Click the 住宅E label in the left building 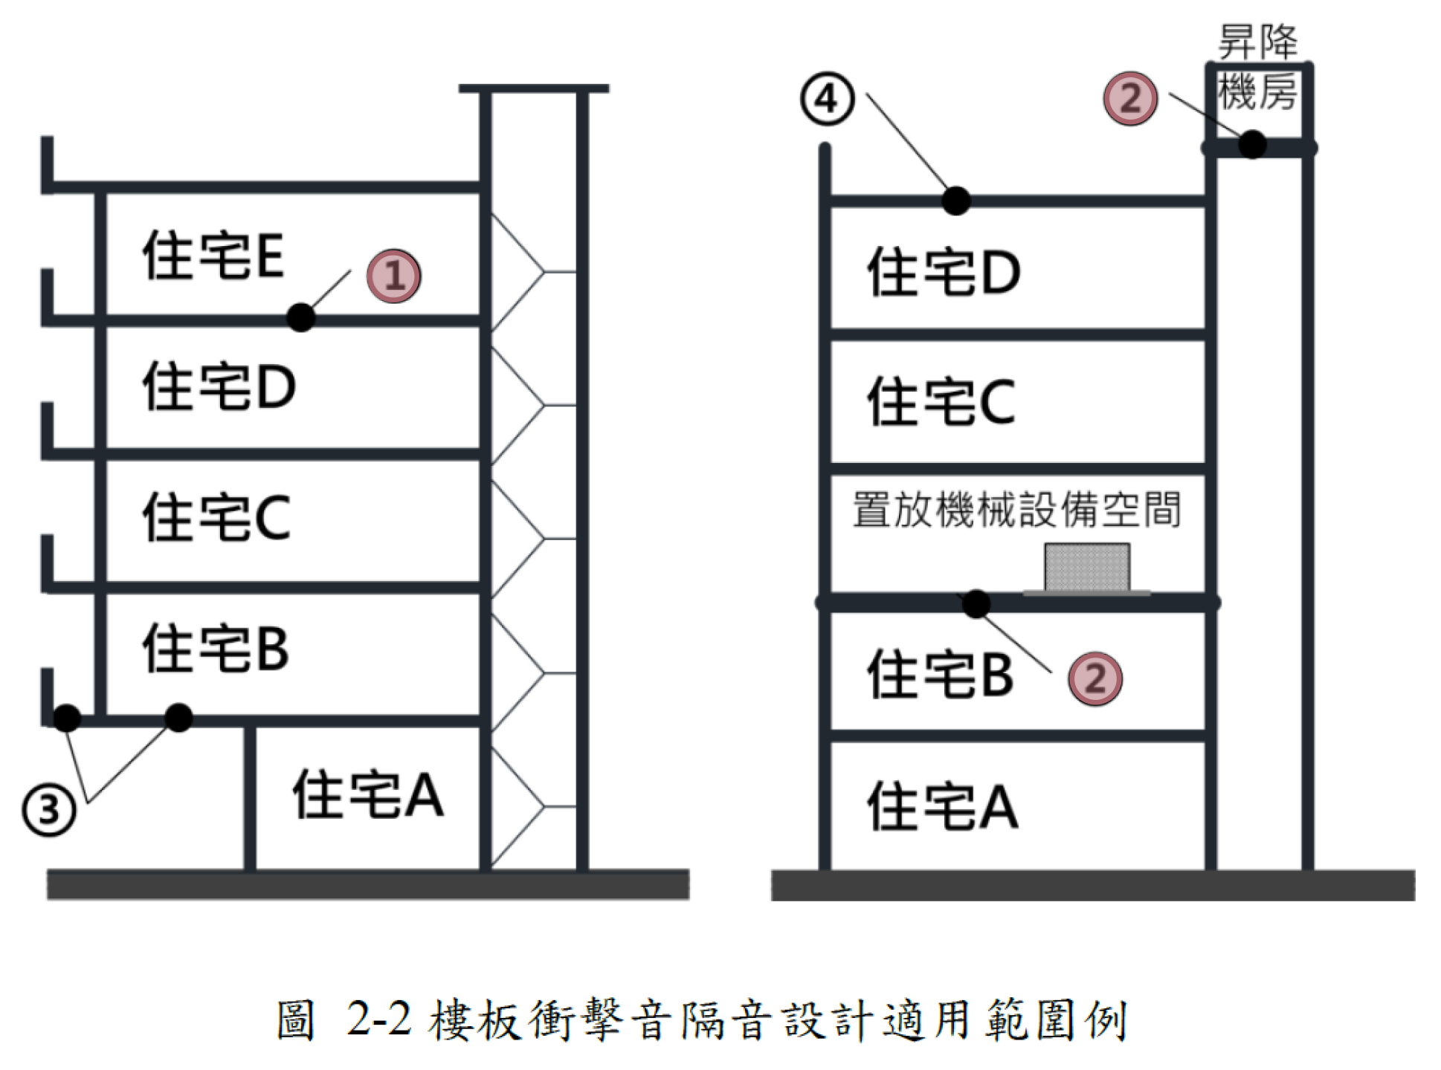point(213,256)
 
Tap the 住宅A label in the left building point(368,794)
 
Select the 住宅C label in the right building point(941,402)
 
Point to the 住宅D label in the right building point(944,273)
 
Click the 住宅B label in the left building point(216,649)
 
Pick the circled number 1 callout point(393,276)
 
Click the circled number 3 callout point(49,809)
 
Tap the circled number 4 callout point(827,99)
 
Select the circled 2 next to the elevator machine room point(1130,98)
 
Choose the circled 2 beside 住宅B point(1095,678)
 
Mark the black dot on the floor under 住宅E point(300,318)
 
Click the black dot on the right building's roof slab point(956,200)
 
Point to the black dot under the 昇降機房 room point(1252,144)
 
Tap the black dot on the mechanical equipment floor point(976,603)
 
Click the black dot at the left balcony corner point(67,718)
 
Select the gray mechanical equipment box point(1087,568)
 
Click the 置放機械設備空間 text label point(1016,510)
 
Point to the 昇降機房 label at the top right point(1257,67)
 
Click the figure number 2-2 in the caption point(378,1019)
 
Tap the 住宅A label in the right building point(943,806)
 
